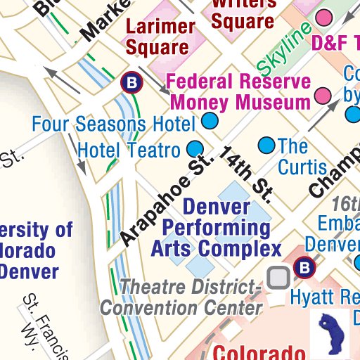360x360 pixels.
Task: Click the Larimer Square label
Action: [x=160, y=37]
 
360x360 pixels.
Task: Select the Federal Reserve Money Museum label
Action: [x=239, y=91]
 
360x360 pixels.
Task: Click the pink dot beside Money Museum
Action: [x=323, y=95]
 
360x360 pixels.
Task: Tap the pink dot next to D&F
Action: [x=324, y=17]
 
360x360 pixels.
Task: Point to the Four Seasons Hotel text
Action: [x=113, y=124]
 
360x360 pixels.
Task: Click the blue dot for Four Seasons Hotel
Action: [x=210, y=122]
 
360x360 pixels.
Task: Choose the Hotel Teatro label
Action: [x=129, y=149]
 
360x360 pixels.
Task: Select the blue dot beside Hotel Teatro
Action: [x=195, y=149]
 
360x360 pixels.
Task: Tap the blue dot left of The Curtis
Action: [x=266, y=146]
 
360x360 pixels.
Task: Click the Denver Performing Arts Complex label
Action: [x=217, y=228]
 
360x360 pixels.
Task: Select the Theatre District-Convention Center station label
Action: [x=181, y=297]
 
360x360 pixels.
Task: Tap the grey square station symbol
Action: [x=280, y=278]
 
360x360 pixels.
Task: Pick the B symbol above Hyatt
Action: [x=304, y=267]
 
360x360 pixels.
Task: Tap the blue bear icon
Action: [x=335, y=330]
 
